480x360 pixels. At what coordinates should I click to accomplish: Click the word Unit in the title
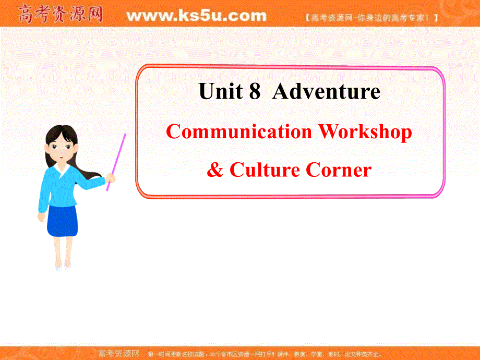[221, 92]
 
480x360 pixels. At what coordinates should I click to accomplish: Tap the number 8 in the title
[255, 92]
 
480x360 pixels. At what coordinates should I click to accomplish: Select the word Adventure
[327, 92]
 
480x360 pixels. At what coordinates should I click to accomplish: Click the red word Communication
[239, 132]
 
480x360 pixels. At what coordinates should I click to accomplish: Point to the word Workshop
[365, 132]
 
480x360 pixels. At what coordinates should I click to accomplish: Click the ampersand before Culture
[214, 170]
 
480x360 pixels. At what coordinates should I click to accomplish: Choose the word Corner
[339, 170]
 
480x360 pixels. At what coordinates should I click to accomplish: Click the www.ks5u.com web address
[196, 16]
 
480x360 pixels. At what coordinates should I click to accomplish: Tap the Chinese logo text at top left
[60, 15]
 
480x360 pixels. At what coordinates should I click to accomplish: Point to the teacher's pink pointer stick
[117, 159]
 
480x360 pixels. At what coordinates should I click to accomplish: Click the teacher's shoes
[63, 267]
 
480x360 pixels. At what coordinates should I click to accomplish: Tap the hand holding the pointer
[110, 178]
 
